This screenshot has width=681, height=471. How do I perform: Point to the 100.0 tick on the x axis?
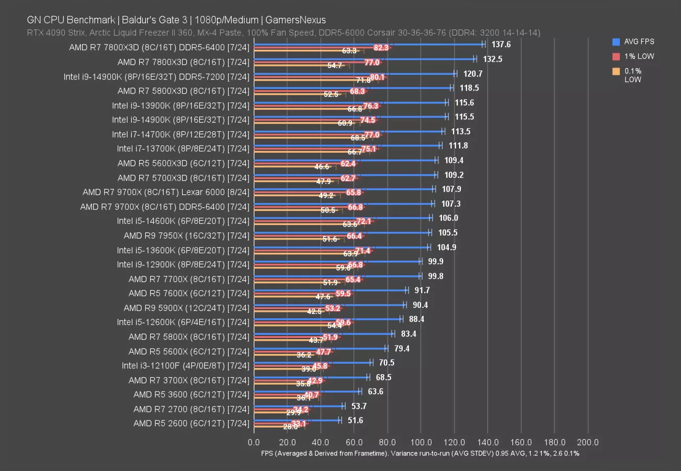[x=421, y=442]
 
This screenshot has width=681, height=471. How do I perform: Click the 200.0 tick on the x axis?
[x=588, y=442]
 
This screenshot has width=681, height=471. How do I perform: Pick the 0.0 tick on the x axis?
[x=254, y=442]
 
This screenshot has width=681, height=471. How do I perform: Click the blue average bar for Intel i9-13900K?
[x=350, y=103]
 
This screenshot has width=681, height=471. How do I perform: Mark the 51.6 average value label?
[x=355, y=420]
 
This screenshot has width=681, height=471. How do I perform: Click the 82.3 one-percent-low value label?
[x=381, y=48]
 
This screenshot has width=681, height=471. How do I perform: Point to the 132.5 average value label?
[x=493, y=59]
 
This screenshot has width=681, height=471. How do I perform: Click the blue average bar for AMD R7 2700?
[x=298, y=406]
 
